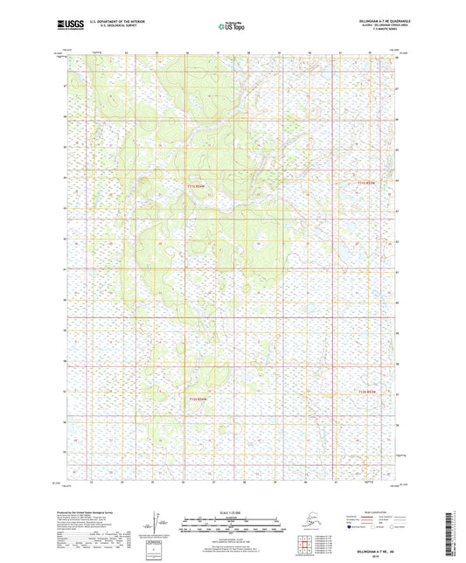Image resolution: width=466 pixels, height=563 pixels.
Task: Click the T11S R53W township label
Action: [369, 183]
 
